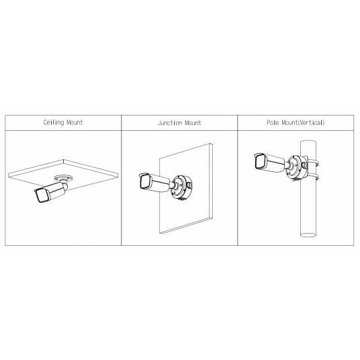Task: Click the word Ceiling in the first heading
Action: pos(54,122)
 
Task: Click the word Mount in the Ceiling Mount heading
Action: pos(75,122)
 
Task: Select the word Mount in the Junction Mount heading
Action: pos(193,123)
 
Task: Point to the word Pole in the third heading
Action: pos(273,122)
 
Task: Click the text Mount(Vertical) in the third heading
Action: pos(303,122)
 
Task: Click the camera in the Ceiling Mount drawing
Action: pos(50,192)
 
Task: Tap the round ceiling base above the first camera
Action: pos(63,178)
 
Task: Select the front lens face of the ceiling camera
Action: pos(42,196)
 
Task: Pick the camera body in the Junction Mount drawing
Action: pos(154,183)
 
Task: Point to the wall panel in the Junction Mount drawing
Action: pos(186,188)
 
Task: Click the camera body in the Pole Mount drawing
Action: pos(270,163)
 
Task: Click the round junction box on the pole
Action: pos(297,167)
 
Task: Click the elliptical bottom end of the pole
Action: pos(308,235)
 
